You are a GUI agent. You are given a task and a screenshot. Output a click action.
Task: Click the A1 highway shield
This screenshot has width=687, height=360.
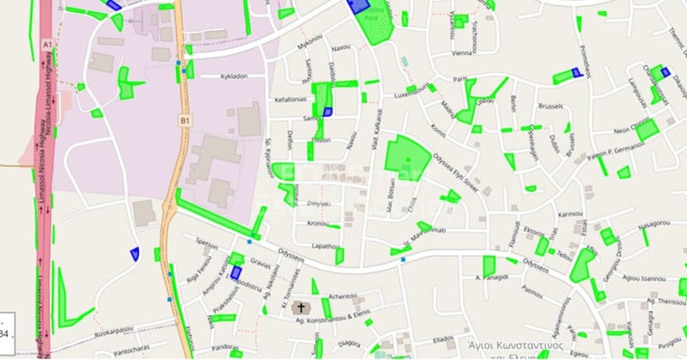[x=47, y=44]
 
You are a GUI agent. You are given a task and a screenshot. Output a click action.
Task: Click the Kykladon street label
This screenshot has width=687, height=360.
[x=241, y=76]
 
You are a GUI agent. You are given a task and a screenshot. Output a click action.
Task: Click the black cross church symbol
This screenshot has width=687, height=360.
[x=301, y=308]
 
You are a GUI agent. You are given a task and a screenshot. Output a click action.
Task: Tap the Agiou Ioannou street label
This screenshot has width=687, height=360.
[x=643, y=278]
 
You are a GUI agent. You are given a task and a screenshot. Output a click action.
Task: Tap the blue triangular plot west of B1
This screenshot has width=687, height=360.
[x=134, y=253]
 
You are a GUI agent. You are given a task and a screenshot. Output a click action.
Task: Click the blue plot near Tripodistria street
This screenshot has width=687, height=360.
[x=235, y=272]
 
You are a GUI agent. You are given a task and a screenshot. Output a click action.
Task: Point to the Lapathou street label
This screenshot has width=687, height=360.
[x=326, y=246]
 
